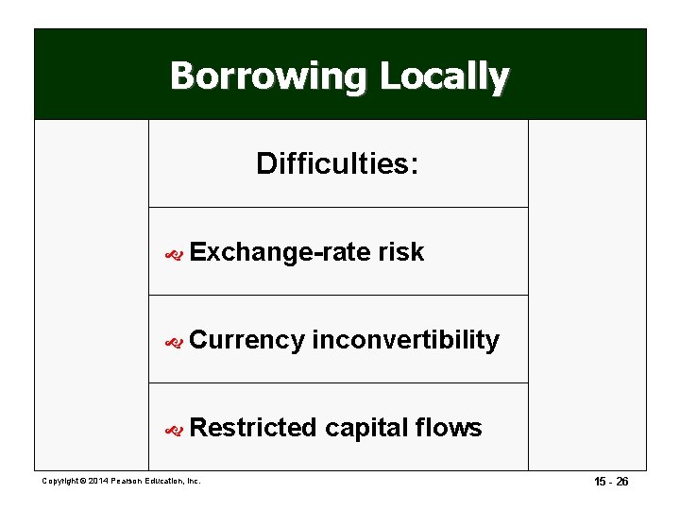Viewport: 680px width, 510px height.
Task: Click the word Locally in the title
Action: tap(444, 76)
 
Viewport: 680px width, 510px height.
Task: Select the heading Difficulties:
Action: tap(337, 164)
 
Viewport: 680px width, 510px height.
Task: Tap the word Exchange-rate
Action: tap(280, 252)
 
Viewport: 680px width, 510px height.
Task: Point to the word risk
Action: tap(400, 252)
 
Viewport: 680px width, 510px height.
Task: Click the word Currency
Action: tap(246, 340)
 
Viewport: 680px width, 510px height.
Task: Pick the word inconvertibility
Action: tap(405, 340)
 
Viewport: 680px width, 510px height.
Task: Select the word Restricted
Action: tap(253, 428)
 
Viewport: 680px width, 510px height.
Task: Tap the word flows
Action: tap(449, 428)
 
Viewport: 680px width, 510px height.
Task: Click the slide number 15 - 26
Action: tap(609, 482)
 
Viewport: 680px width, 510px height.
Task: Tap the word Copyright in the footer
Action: tap(59, 482)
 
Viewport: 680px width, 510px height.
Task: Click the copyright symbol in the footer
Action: tap(81, 482)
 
